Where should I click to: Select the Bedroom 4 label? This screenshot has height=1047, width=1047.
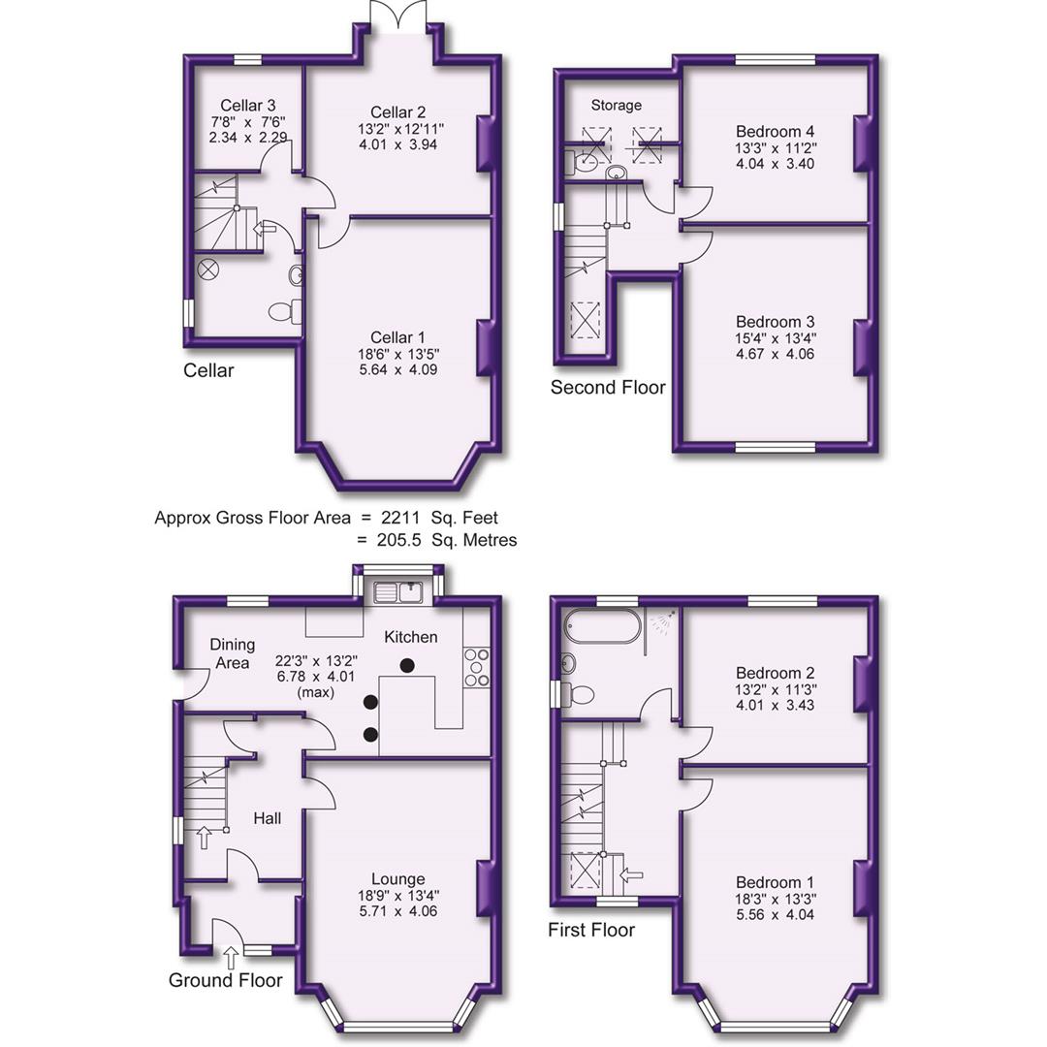775,132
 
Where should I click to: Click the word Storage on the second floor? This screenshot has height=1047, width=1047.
616,105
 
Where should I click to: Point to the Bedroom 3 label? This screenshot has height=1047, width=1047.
775,322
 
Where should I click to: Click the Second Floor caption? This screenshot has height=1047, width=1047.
608,388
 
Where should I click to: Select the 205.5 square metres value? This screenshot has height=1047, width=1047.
412,540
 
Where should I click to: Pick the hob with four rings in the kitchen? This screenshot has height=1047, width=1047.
477,667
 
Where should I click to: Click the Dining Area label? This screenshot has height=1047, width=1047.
232,653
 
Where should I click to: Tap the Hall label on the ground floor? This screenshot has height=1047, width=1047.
268,819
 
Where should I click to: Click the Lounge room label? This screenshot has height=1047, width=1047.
403,879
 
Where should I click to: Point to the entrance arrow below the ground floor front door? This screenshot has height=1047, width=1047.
230,958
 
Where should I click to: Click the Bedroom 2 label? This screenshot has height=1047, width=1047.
775,673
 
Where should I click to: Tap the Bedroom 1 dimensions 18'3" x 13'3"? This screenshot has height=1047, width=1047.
775,899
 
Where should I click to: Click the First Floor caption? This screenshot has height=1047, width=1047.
591,931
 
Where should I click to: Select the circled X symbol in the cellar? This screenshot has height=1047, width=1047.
208,269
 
